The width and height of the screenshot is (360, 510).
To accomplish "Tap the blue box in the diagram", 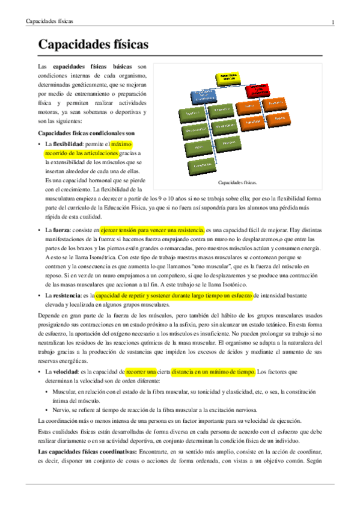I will point(203,96).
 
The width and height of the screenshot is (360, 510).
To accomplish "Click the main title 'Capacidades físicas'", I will point(93,45).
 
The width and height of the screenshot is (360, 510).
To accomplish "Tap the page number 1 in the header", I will point(332,22).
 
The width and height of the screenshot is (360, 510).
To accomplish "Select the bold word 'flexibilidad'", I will point(68,145).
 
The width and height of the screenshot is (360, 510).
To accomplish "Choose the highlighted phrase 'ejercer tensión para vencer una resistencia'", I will point(152,230).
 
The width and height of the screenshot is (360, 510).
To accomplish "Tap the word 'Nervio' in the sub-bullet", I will point(62,410).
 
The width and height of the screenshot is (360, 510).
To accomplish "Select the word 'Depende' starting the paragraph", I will point(49,316).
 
